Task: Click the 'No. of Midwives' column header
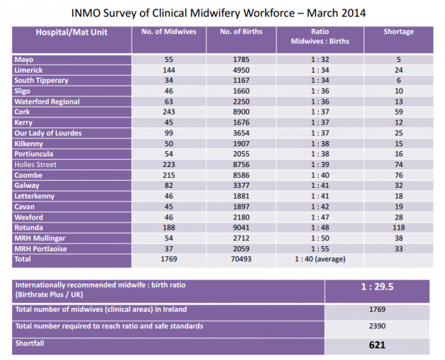(x=168, y=32)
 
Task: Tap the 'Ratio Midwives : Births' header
(x=320, y=37)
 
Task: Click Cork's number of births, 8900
(x=241, y=112)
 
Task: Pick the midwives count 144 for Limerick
(x=168, y=70)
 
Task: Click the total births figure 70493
(x=241, y=258)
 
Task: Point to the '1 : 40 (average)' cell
(x=320, y=258)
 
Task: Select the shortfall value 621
(x=378, y=344)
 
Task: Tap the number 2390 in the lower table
(x=378, y=327)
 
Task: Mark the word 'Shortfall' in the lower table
(x=31, y=343)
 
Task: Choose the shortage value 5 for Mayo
(x=398, y=60)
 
